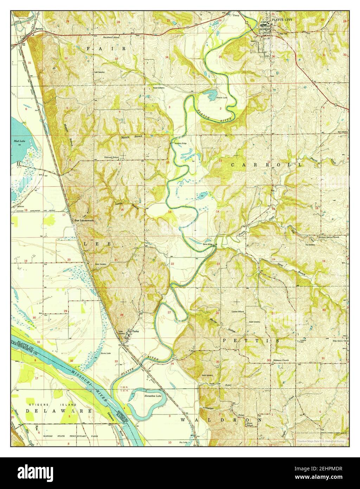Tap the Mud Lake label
pos(18,141)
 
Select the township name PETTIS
pos(251,341)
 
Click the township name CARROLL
pos(266,164)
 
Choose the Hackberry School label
pos(111,37)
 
